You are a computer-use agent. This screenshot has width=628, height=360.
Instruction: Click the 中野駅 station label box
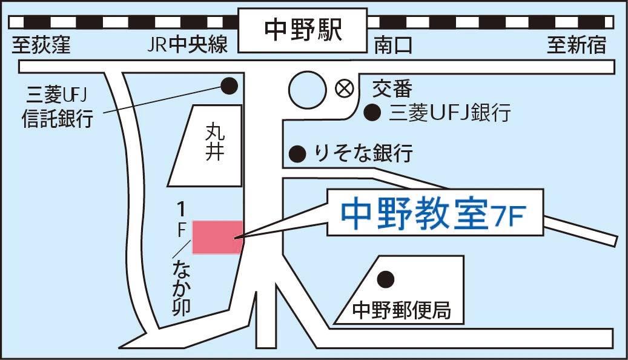[303, 30]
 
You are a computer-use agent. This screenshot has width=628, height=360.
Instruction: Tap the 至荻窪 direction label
[41, 46]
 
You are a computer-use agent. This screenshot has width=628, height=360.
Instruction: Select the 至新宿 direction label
[577, 46]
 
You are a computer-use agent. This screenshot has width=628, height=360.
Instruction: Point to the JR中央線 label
[187, 46]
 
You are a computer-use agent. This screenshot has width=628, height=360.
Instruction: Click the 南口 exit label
[393, 46]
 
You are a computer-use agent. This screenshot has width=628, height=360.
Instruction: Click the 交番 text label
[392, 89]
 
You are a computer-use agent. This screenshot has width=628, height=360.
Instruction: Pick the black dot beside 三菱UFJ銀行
[372, 112]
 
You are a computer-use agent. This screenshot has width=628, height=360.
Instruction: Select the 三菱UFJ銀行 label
[451, 113]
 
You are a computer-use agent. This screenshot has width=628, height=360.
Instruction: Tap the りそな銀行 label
[363, 153]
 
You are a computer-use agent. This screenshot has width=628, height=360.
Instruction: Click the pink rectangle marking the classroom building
[217, 237]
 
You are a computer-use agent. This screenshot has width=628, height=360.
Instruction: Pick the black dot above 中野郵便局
[385, 279]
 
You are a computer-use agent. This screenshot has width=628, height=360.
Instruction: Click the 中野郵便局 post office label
[402, 310]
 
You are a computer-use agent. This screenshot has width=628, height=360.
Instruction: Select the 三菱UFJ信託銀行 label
[58, 107]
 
